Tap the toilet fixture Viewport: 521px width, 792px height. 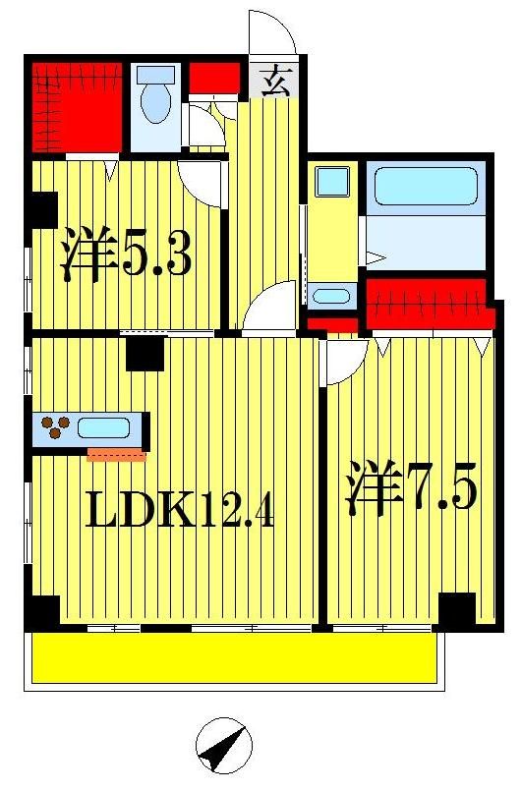pyautogui.click(x=155, y=99)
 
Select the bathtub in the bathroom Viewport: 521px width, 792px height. pyautogui.click(x=425, y=187)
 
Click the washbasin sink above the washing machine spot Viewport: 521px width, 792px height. pyautogui.click(x=331, y=182)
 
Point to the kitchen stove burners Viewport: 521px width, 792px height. pyautogui.click(x=56, y=427)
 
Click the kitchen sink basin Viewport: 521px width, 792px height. pyautogui.click(x=103, y=428)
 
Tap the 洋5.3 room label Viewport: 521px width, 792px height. pyautogui.click(x=125, y=255)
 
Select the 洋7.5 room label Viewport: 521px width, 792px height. pyautogui.click(x=410, y=488)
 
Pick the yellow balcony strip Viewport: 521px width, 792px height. pyautogui.click(x=234, y=657)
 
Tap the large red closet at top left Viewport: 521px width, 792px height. pyautogui.click(x=77, y=107)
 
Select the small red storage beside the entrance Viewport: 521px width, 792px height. pyautogui.click(x=214, y=77)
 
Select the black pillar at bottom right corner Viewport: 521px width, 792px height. pyautogui.click(x=456, y=610)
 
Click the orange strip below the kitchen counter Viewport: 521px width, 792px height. pyautogui.click(x=116, y=455)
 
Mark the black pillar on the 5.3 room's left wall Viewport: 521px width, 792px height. pyautogui.click(x=42, y=209)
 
